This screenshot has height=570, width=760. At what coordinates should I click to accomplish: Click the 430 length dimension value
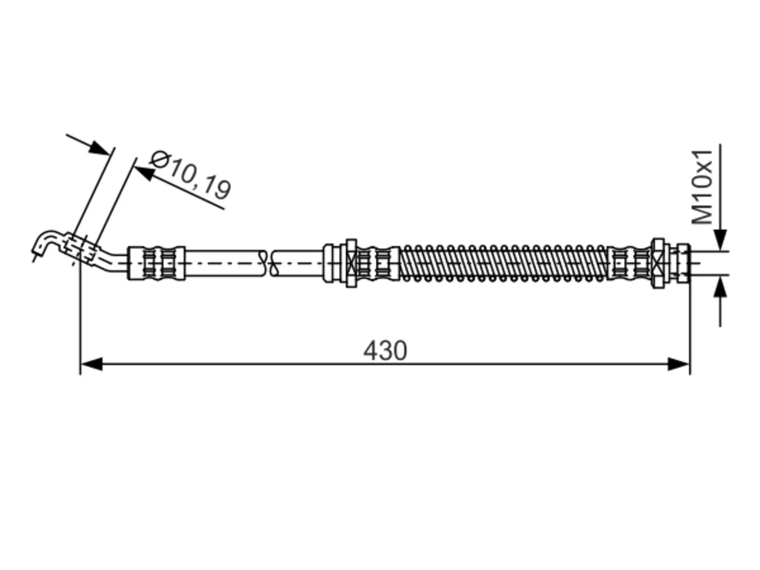click(x=385, y=350)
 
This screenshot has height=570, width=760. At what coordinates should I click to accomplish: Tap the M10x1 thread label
click(x=702, y=187)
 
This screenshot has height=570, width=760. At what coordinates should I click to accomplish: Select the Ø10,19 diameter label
click(x=191, y=175)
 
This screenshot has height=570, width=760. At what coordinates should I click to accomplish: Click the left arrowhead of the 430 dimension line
click(x=92, y=365)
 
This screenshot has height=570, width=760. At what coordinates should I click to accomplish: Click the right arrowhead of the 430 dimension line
click(x=678, y=365)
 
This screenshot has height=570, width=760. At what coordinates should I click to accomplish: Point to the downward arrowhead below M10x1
click(x=720, y=239)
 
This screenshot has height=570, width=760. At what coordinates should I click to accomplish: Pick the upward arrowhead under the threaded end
click(x=720, y=287)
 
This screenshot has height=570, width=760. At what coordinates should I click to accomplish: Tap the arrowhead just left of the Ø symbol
click(x=144, y=172)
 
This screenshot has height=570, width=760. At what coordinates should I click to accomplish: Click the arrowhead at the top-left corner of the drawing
click(x=99, y=148)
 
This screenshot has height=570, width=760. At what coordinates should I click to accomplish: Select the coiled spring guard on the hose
click(x=503, y=263)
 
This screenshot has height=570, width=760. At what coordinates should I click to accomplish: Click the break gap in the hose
click(x=268, y=263)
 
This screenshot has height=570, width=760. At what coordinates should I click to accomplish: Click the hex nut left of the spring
click(x=351, y=263)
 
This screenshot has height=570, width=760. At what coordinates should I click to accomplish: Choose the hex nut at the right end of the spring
click(x=658, y=263)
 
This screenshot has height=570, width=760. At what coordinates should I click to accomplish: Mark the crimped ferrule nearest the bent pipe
click(x=157, y=263)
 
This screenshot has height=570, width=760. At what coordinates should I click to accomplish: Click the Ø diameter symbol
click(x=160, y=159)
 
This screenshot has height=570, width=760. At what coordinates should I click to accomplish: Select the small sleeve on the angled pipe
click(x=80, y=249)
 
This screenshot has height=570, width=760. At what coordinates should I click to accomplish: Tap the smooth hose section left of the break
click(x=225, y=263)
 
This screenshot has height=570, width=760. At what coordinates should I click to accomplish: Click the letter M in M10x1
click(x=702, y=213)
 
